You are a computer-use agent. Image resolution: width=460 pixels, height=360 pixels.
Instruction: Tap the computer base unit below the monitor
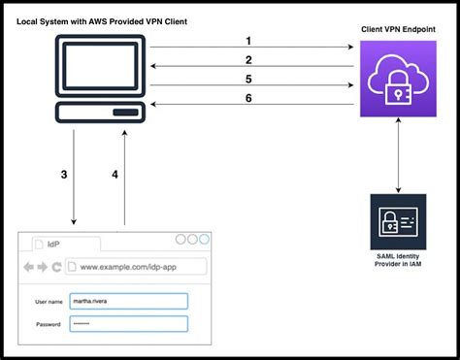pos(99,115)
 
